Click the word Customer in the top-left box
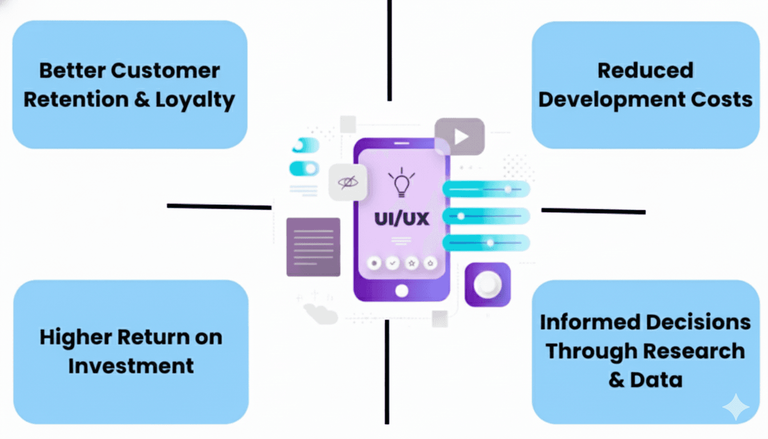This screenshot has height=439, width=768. [x=165, y=71]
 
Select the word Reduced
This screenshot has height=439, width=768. [x=645, y=70]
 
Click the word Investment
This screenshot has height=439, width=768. [x=131, y=366]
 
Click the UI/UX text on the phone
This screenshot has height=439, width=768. [x=402, y=218]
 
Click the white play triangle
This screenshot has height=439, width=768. [x=461, y=137]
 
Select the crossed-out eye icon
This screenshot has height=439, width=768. [x=347, y=183]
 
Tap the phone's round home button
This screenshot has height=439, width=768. [x=402, y=291]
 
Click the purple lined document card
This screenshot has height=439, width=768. [x=313, y=247]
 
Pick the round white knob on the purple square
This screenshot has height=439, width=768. [x=487, y=284]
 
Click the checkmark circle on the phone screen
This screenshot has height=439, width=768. [x=393, y=263]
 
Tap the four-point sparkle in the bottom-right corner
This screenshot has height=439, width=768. [x=735, y=407]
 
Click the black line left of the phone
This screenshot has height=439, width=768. [x=219, y=206]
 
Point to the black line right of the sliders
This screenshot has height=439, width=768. [x=593, y=211]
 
